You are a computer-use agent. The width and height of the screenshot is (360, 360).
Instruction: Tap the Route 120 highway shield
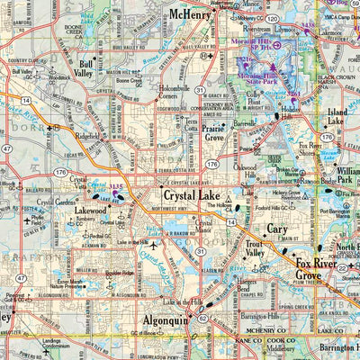pos(270,17)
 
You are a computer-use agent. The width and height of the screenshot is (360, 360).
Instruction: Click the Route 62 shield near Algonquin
pos(202,317)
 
